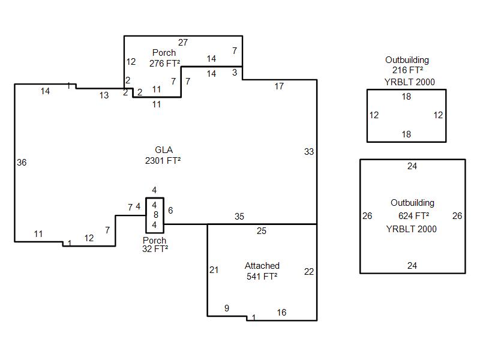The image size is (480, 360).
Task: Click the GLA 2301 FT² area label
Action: tap(163, 155)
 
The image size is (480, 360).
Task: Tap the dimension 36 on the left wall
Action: tap(22, 162)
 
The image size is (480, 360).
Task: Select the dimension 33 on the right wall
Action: tap(309, 152)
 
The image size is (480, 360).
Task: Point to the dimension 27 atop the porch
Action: tap(183, 42)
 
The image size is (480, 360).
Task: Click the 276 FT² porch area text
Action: tap(164, 64)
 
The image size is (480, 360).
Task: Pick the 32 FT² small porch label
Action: tap(155, 249)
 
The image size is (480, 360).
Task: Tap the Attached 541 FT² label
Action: tap(262, 271)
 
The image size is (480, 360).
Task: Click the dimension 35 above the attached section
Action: tap(239, 217)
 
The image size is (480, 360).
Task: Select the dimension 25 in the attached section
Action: tap(262, 231)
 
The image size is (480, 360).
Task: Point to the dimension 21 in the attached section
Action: tap(214, 269)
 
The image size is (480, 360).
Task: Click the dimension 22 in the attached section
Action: tap(309, 272)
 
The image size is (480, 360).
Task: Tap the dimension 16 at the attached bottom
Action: tap(281, 312)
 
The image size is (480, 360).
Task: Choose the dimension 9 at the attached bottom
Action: tap(227, 308)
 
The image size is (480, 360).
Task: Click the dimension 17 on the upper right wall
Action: tap(279, 86)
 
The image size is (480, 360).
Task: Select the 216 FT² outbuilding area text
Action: tap(408, 70)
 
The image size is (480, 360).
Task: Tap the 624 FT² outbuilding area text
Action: tap(413, 216)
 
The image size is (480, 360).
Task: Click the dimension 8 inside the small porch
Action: tap(156, 215)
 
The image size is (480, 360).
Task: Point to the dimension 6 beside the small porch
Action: tap(170, 211)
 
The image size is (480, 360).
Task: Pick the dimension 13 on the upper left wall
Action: tap(104, 95)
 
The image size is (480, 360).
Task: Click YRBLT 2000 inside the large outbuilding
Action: tap(411, 229)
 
